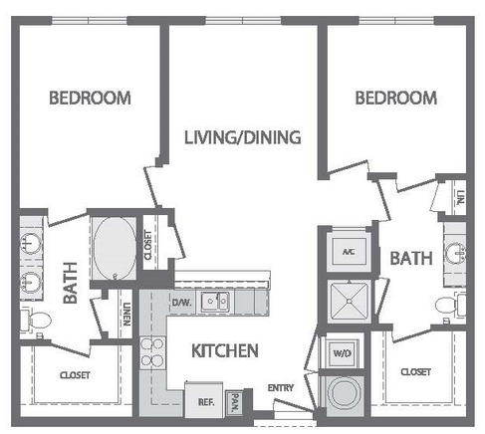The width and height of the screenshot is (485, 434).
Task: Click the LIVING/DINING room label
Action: pyautogui.click(x=243, y=137)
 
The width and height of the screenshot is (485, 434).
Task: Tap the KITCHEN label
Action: pyautogui.click(x=225, y=350)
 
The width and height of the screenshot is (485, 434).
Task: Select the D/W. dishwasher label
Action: pyautogui.click(x=181, y=303)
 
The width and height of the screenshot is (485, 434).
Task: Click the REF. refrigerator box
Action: pyautogui.click(x=204, y=400)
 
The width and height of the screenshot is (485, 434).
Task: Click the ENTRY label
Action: pyautogui.click(x=281, y=387)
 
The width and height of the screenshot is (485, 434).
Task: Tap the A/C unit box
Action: pyautogui.click(x=349, y=252)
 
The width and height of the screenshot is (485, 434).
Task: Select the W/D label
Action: pyautogui.click(x=342, y=353)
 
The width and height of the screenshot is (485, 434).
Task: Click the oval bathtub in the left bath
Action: pyautogui.click(x=115, y=248)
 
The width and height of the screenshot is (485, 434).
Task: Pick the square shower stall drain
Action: pyautogui.click(x=349, y=301)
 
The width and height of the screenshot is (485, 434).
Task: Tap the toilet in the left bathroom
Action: pyautogui.click(x=35, y=321)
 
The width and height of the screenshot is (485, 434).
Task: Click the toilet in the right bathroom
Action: pyautogui.click(x=450, y=305)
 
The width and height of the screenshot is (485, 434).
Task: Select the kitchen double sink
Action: pyautogui.click(x=215, y=302)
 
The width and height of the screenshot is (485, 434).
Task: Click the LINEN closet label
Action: pyautogui.click(x=126, y=314)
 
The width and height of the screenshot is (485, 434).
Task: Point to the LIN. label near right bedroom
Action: pyautogui.click(x=460, y=198)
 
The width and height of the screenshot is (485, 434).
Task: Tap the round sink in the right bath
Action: pyautogui.click(x=455, y=255)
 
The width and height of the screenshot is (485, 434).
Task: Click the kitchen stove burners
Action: pyautogui.click(x=152, y=352)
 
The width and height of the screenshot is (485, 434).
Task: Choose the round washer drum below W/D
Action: pyautogui.click(x=344, y=394)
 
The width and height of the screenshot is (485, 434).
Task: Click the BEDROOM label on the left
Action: pyautogui.click(x=90, y=98)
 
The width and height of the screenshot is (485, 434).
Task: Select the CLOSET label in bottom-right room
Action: pyautogui.click(x=415, y=372)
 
